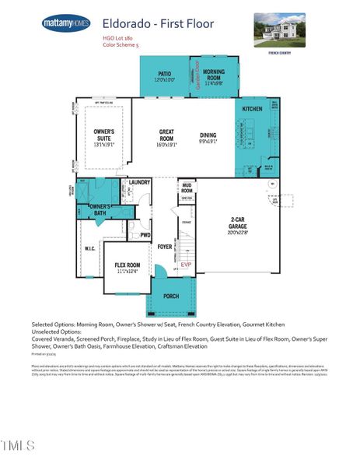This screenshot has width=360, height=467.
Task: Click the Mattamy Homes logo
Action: [x=65, y=23]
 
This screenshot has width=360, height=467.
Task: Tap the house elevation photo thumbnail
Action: [x=279, y=29]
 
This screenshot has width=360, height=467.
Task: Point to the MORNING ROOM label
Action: [x=214, y=76]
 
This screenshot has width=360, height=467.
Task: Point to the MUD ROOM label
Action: [x=187, y=187]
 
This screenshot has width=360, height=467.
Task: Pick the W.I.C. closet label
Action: [x=89, y=248]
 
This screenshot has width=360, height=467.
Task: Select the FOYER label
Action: [x=164, y=247]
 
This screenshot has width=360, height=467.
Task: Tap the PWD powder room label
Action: [x=145, y=233]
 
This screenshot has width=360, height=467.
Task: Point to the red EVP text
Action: [x=185, y=265]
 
